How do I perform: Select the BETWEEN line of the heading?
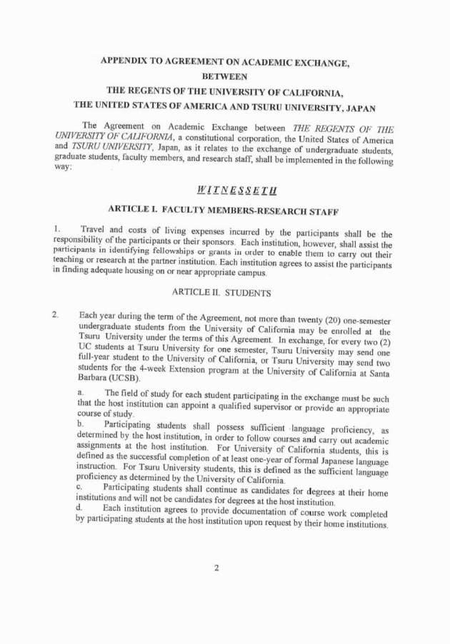tap(225, 75)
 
